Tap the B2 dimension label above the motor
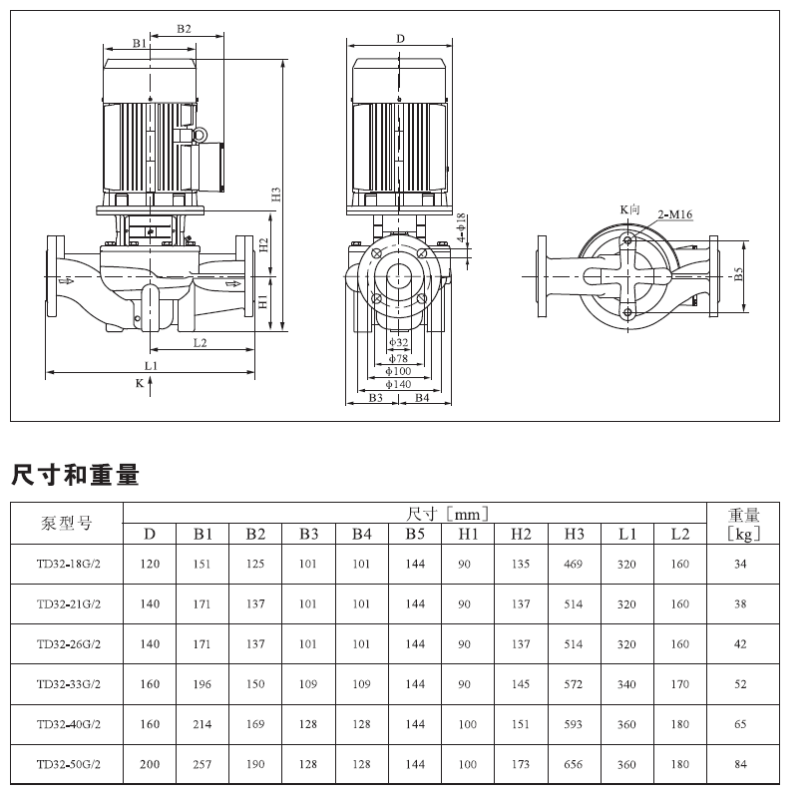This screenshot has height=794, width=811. click(x=184, y=29)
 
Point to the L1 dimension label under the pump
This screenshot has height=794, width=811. click(x=150, y=366)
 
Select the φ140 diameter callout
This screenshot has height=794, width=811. click(x=399, y=383)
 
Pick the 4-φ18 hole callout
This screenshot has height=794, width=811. click(x=461, y=228)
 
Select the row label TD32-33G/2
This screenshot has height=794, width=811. click(x=68, y=684)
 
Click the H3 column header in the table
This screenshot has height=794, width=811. click(x=574, y=534)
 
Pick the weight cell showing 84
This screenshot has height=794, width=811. click(x=740, y=764)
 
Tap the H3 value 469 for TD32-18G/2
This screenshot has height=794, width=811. click(x=574, y=564)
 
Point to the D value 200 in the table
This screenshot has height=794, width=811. click(x=150, y=764)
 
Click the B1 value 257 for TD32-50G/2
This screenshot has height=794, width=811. click(x=203, y=764)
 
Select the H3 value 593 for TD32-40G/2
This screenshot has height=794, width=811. click(x=574, y=724)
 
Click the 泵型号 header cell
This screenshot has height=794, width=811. click(x=67, y=524)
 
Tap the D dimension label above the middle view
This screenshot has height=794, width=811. click(x=400, y=39)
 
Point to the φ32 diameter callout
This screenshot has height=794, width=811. click(x=397, y=342)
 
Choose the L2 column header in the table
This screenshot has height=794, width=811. click(x=679, y=534)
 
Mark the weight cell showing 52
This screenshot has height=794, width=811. click(x=740, y=684)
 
